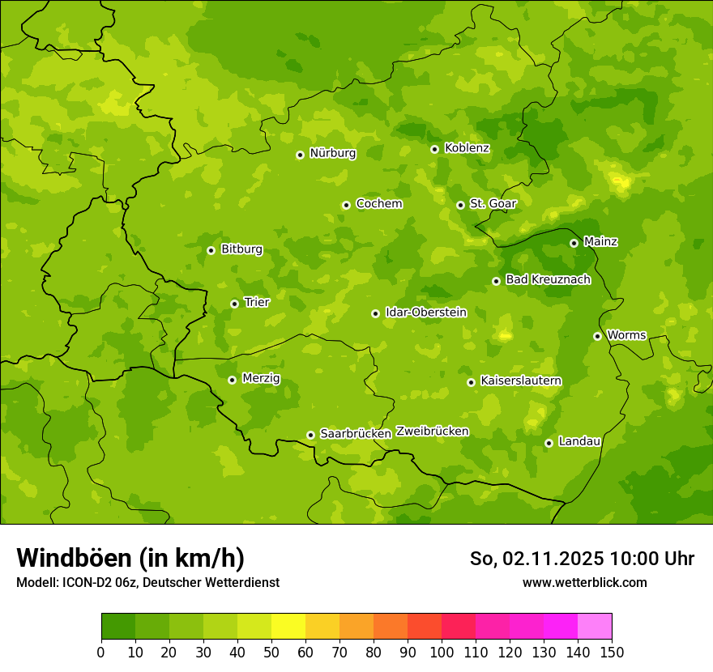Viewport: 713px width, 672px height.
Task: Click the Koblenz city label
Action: point(467,148)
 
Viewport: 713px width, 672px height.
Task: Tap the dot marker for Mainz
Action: point(574,243)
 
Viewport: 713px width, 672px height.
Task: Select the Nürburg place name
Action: point(332,153)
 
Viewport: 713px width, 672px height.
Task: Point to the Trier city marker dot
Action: point(234,304)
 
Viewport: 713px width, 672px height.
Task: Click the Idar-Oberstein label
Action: point(426,313)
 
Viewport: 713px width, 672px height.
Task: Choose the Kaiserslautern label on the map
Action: point(521,381)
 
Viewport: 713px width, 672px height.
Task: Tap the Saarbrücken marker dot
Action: point(310,435)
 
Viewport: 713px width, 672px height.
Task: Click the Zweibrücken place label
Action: point(432,432)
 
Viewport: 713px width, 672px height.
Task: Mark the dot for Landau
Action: point(549,443)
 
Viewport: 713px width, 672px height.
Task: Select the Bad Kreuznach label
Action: point(548,279)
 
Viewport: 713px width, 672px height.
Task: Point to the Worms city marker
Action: point(597,336)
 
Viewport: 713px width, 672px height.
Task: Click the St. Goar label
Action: point(493,204)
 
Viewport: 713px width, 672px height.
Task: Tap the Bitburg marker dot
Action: point(211,250)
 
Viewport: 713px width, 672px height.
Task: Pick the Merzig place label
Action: point(261,379)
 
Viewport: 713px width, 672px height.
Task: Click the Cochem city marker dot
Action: point(346,205)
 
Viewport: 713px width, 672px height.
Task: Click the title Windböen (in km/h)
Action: point(130,558)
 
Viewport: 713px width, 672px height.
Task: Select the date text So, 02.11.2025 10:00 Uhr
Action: point(582,559)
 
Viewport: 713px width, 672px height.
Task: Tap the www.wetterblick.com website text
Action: point(584,582)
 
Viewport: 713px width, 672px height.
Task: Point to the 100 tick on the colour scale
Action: point(442,652)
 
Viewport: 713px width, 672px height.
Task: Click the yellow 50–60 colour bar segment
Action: point(288,627)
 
